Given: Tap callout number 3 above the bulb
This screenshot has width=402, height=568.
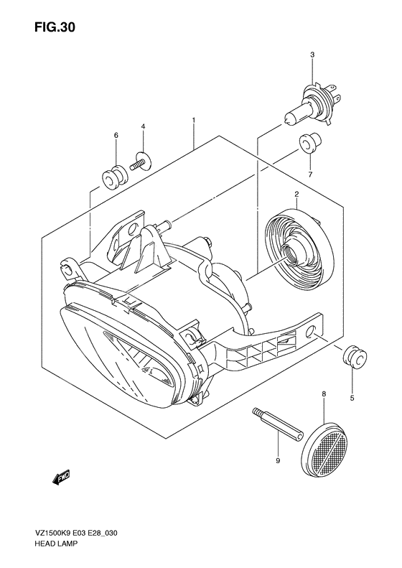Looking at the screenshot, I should point(312,55).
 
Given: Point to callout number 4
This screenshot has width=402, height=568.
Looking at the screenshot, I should point(143,127).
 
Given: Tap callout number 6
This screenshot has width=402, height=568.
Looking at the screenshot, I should point(115,135).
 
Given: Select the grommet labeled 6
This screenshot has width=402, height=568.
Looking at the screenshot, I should point(113,175).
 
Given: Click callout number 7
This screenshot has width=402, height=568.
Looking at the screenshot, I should point(310,174).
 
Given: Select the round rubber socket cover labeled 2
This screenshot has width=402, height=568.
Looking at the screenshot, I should point(294,244).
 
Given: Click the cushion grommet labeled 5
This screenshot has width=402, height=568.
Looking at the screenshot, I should point(351,357).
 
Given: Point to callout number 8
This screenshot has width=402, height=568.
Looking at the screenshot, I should point(324,394).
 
